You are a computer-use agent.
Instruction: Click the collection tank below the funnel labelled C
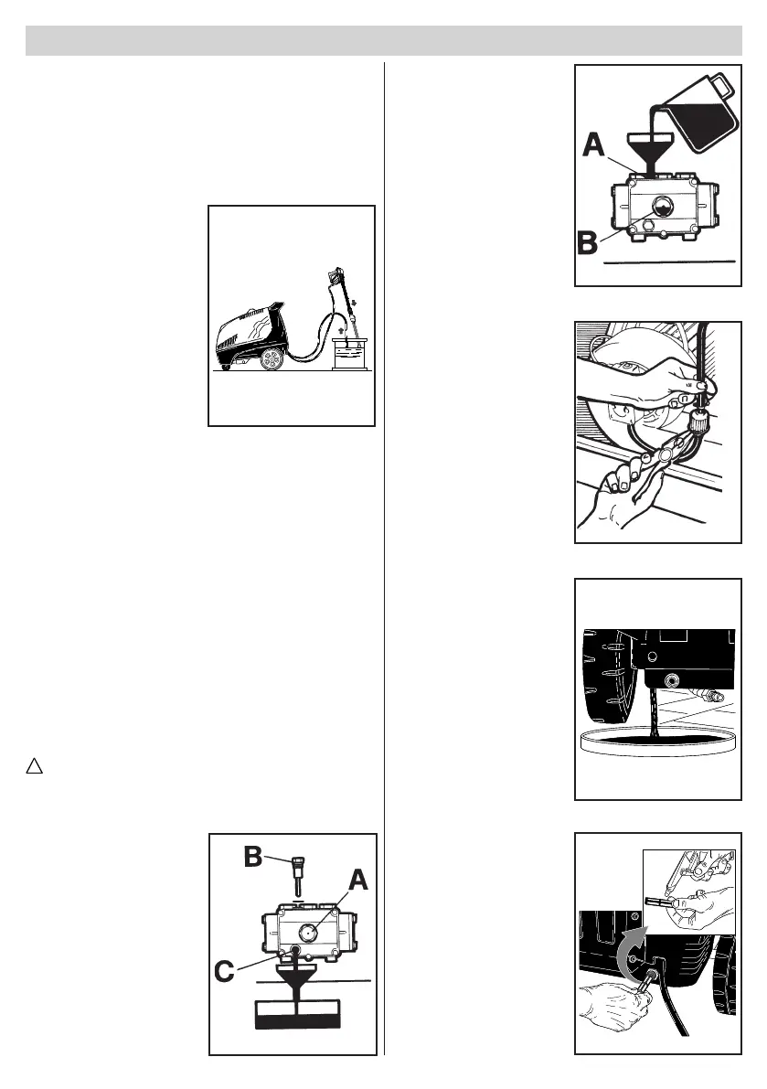pyautogui.click(x=297, y=1014)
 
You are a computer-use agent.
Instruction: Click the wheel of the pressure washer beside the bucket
pyautogui.click(x=272, y=359)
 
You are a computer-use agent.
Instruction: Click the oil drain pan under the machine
pyautogui.click(x=658, y=741)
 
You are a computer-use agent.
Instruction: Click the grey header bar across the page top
pyautogui.click(x=383, y=41)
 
